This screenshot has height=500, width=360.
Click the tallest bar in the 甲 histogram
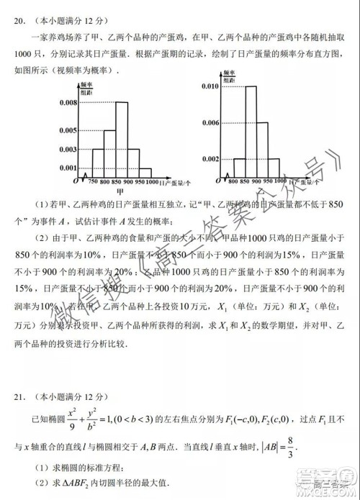click(122, 137)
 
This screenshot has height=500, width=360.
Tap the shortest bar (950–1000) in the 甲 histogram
click(145, 171)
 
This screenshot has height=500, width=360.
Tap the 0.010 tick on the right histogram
click(210, 86)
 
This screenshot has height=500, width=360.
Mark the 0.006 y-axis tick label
click(210, 123)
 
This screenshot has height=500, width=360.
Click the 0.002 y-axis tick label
click(210, 158)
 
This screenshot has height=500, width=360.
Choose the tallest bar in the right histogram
click(251, 130)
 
